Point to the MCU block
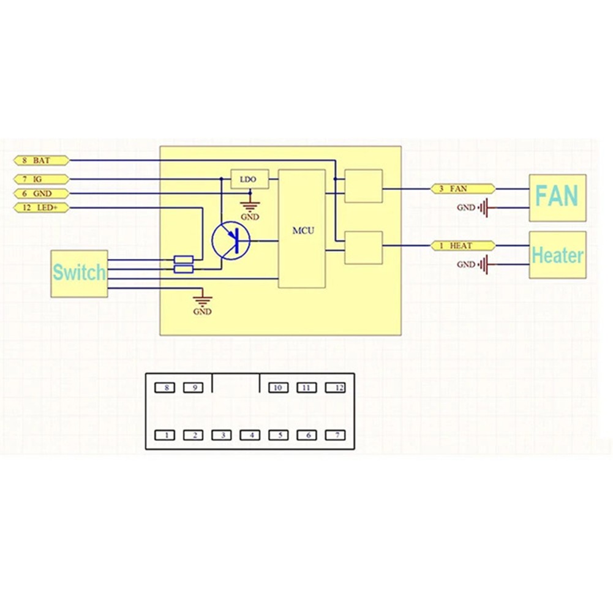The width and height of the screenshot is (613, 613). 302,229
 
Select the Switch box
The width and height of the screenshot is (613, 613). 79,273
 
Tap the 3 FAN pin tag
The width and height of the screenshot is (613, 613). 463,189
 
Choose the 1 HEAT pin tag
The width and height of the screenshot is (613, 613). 463,246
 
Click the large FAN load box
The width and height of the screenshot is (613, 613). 557,198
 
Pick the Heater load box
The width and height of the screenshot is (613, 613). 557,255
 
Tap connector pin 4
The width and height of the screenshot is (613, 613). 251,435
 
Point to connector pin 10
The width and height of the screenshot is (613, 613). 279,388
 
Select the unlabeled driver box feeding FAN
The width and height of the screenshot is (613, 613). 363,186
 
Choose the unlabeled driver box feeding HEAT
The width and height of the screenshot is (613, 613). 363,247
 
